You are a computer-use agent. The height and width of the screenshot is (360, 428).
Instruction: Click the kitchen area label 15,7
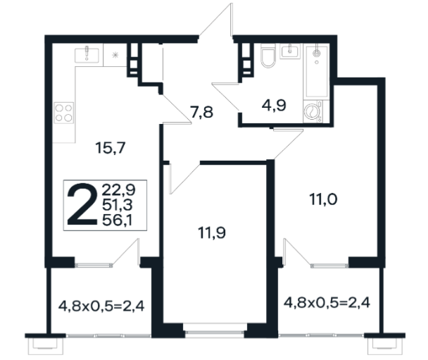pos(111,148)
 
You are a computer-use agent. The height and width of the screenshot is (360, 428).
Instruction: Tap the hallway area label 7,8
pos(202,112)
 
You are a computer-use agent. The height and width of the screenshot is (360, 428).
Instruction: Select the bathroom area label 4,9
pos(274,105)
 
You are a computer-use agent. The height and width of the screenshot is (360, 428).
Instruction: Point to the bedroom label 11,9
pos(212,233)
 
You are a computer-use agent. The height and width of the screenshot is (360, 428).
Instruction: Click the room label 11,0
pos(323,199)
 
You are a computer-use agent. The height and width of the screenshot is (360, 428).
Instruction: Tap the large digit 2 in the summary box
pos(82,204)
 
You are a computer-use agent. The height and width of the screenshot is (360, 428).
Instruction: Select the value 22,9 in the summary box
pos(118,190)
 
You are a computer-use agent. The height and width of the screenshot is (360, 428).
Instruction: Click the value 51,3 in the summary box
pos(118,205)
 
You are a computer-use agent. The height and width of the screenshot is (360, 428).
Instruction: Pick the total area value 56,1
pos(117,220)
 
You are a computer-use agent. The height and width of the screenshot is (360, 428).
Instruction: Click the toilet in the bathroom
pos(267,56)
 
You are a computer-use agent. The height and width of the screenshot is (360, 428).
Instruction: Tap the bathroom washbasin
pos(290,51)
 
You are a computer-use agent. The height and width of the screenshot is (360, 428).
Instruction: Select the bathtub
pos(317,72)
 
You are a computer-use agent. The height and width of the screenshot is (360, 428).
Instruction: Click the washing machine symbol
pos(313,111)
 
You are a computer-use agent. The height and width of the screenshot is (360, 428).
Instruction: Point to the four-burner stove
pos(64,113)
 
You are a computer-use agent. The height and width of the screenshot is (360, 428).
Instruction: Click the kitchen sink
pos(87,54)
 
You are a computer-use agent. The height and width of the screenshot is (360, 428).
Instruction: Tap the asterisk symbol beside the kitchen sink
pos(115,55)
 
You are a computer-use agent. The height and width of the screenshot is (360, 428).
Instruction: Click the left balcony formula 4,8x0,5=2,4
pos(101,306)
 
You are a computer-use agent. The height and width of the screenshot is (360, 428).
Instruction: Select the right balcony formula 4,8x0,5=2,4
pos(327,303)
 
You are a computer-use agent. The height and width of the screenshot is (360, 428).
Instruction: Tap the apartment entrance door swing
pos(215,20)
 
